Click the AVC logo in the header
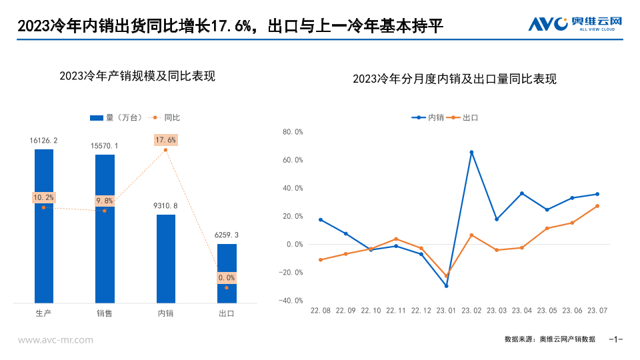pyautogui.click(x=575, y=25)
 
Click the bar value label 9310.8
pyautogui.click(x=166, y=206)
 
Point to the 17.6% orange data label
pyautogui.click(x=165, y=140)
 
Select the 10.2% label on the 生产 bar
pyautogui.click(x=43, y=197)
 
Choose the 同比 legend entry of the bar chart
pyautogui.click(x=166, y=117)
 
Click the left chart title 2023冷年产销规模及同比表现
pyautogui.click(x=137, y=76)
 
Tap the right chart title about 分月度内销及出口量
pyautogui.click(x=455, y=79)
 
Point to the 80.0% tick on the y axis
pyautogui.click(x=293, y=132)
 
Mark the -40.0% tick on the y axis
pyautogui.click(x=291, y=301)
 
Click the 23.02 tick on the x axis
pyautogui.click(x=471, y=311)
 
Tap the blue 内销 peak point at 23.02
pyautogui.click(x=471, y=152)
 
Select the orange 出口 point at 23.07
pyautogui.click(x=597, y=206)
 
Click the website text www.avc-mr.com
pyautogui.click(x=55, y=340)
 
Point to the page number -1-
pyautogui.click(x=616, y=339)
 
